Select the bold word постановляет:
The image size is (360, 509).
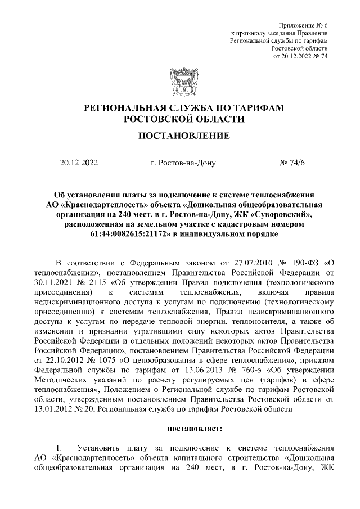[x=195, y=429]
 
